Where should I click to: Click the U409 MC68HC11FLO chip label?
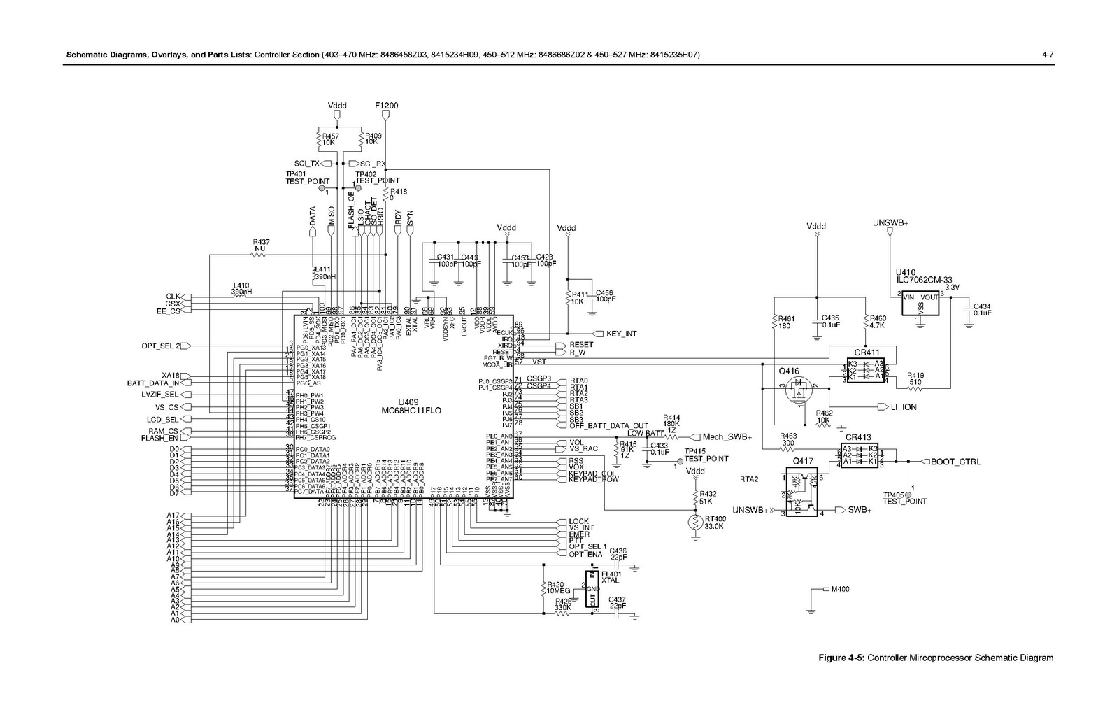[420, 406]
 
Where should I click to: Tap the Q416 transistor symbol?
[797, 390]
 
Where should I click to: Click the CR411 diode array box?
[866, 370]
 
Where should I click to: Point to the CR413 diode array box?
[860, 455]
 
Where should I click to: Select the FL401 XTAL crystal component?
[592, 590]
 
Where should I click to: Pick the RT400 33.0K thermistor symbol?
[695, 522]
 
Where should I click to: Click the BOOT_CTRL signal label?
[955, 462]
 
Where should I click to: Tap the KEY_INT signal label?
[621, 334]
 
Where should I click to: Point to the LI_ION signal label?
[904, 406]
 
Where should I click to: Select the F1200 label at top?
[387, 106]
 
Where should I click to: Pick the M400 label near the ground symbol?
[840, 589]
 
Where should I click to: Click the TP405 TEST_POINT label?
[904, 497]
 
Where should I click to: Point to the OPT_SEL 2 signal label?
[160, 346]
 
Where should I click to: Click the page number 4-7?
[1048, 55]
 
